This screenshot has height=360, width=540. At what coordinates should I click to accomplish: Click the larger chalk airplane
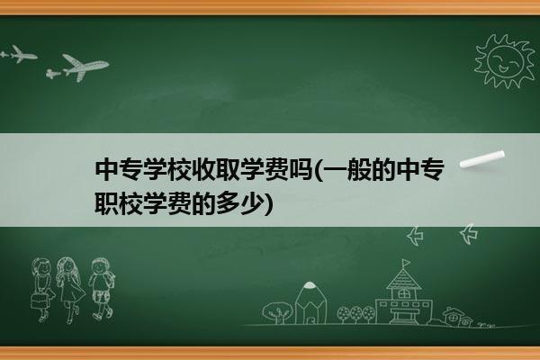[x=85, y=67]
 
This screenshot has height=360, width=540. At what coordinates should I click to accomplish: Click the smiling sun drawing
[x=505, y=61]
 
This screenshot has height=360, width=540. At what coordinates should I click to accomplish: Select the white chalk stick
[x=482, y=159]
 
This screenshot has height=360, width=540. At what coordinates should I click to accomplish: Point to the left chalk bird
[x=415, y=236]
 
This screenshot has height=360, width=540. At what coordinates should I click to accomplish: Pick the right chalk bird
[x=469, y=234]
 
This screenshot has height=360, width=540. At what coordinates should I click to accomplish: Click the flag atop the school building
[x=406, y=264]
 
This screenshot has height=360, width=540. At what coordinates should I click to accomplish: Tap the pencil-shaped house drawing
[x=310, y=303]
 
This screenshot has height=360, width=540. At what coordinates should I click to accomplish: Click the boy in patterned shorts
[x=101, y=289]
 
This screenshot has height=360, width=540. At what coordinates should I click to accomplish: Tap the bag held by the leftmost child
[x=39, y=301]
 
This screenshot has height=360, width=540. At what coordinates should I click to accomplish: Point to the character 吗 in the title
[x=301, y=169]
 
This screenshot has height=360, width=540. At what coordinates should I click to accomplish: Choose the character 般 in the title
[x=358, y=169]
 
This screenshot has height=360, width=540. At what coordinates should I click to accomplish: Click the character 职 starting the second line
[x=106, y=203]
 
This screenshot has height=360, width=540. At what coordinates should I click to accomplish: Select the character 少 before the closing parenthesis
[x=252, y=203]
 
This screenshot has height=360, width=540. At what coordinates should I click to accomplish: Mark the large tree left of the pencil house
[x=277, y=312]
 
